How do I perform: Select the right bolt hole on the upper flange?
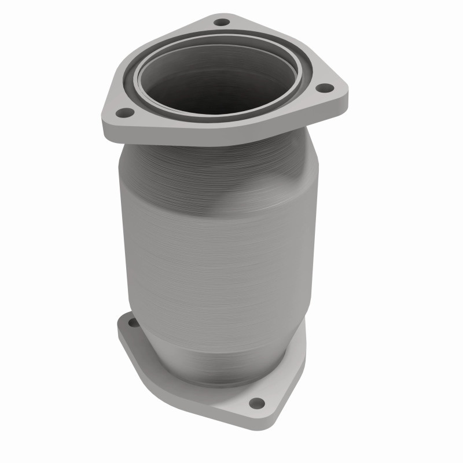pos(326,88)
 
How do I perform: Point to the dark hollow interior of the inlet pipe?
pos(217,87)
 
